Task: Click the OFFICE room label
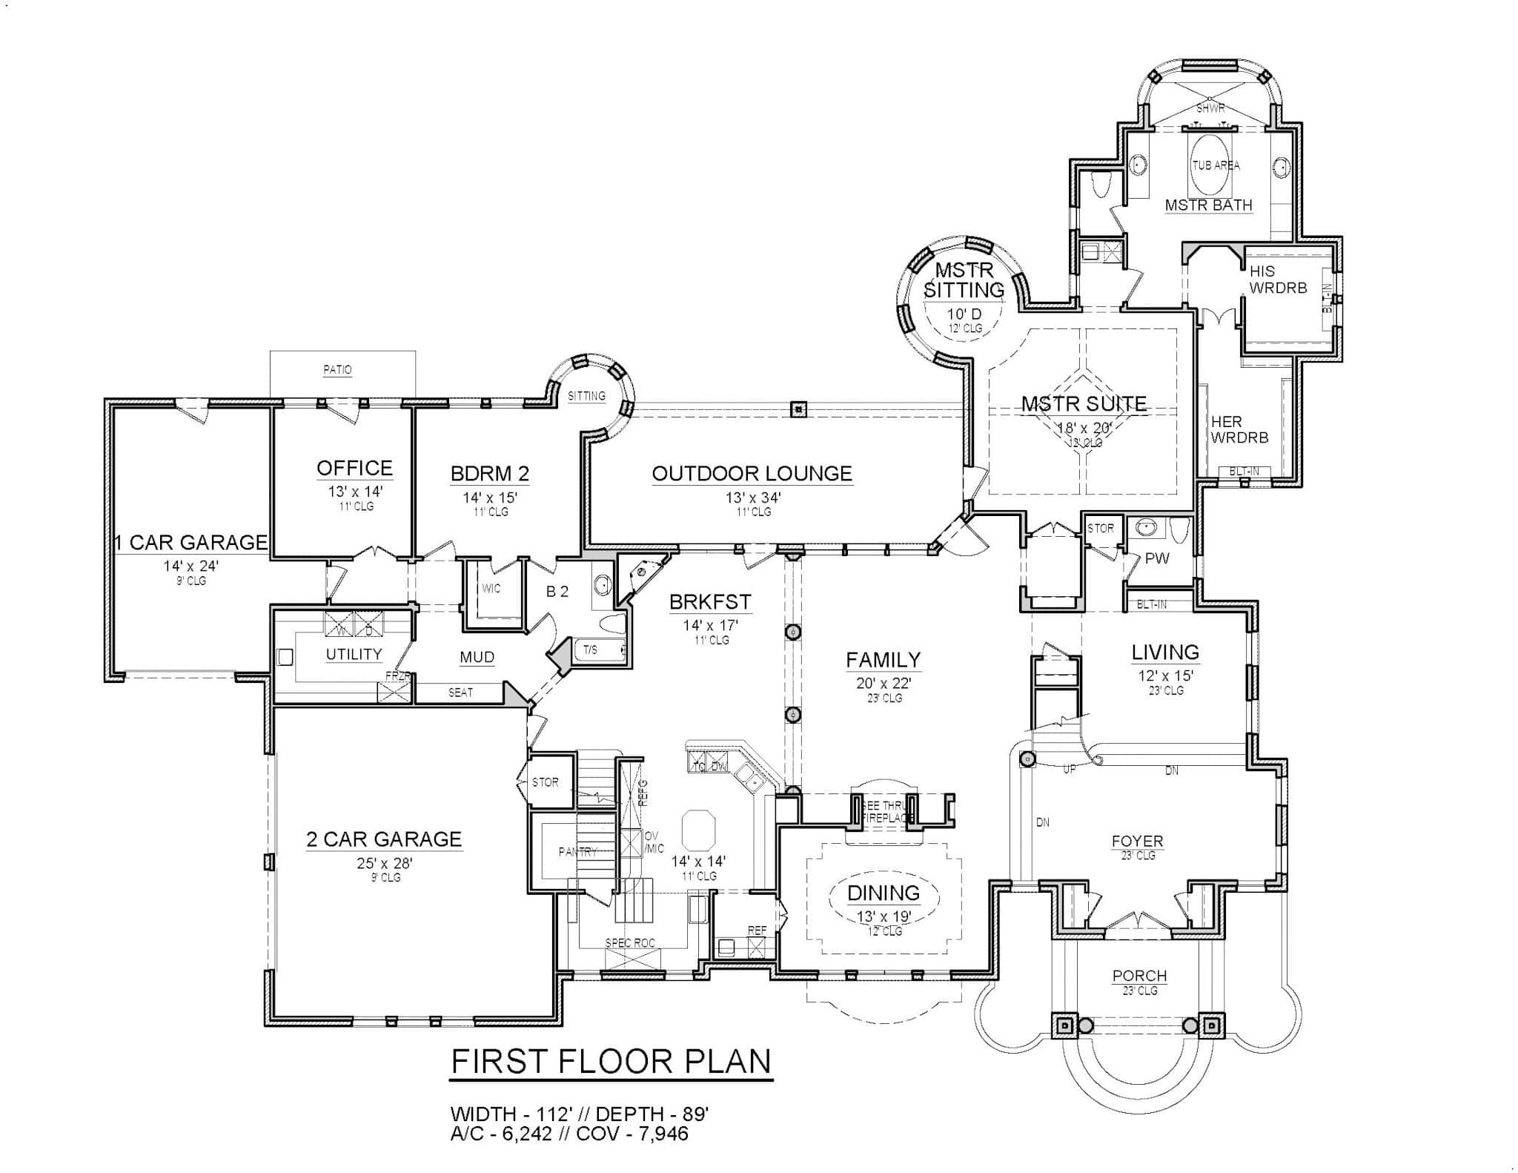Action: click(354, 468)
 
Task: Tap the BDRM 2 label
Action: click(490, 473)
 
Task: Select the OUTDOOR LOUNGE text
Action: click(752, 473)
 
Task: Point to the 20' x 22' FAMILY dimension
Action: click(884, 683)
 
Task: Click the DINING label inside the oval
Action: click(884, 893)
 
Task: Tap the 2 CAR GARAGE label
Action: click(384, 839)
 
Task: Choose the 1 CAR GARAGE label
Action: click(190, 542)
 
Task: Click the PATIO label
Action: click(337, 369)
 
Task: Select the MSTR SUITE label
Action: click(1084, 404)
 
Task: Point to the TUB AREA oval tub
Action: click(1215, 165)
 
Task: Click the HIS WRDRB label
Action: click(1278, 280)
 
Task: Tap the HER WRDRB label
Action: click(1239, 429)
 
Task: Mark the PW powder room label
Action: click(1156, 558)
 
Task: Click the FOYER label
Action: click(1137, 841)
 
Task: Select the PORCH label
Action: click(1139, 976)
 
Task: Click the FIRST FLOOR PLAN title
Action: click(611, 1062)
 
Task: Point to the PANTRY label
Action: click(577, 852)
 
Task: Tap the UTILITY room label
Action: click(354, 654)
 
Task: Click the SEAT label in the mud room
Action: click(460, 693)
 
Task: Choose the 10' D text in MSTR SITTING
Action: click(964, 314)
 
